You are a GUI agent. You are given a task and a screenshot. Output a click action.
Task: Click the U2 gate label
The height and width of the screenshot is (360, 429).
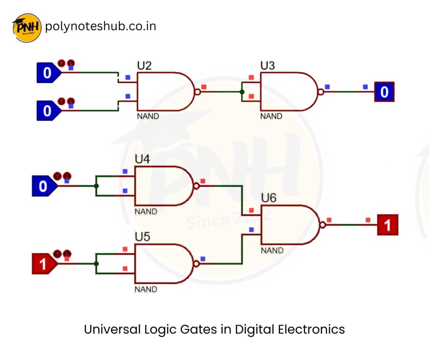pyautogui.click(x=144, y=66)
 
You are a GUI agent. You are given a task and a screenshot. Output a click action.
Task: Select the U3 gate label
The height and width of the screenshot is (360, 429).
pyautogui.click(x=268, y=66)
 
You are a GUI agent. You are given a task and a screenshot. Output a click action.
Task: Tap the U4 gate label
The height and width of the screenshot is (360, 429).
pyautogui.click(x=142, y=159)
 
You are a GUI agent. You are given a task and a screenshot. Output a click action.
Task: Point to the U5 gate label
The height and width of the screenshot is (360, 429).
pyautogui.click(x=142, y=237)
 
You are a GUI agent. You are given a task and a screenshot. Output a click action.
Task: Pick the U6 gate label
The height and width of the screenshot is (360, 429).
pyautogui.click(x=269, y=198)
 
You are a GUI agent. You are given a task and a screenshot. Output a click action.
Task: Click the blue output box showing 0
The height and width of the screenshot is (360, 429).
pyautogui.click(x=384, y=92)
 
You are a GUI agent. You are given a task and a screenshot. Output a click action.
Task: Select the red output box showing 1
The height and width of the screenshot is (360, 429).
pyautogui.click(x=387, y=225)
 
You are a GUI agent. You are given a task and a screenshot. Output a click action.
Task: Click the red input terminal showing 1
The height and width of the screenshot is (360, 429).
pyautogui.click(x=44, y=264)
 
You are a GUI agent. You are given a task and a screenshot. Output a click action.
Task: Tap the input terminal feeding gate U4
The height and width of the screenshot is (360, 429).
pyautogui.click(x=44, y=186)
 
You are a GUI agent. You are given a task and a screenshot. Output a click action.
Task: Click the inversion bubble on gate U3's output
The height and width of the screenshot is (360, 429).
pyautogui.click(x=320, y=92)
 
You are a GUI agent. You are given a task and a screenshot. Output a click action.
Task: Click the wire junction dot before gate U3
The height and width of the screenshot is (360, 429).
pyautogui.click(x=242, y=92)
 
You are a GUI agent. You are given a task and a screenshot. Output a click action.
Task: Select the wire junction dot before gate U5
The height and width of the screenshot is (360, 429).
pyautogui.click(x=96, y=264)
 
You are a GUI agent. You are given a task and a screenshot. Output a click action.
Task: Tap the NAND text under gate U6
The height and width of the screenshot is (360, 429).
pyautogui.click(x=272, y=251)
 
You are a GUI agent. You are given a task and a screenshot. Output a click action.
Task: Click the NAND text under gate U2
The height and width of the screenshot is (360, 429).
pyautogui.click(x=148, y=117)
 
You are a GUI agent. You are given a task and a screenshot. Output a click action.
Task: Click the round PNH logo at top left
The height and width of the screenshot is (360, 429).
pyautogui.click(x=27, y=28)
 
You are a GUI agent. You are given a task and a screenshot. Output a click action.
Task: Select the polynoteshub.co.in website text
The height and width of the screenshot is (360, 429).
pyautogui.click(x=101, y=26)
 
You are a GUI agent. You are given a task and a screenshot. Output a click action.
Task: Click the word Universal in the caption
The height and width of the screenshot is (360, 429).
pyautogui.click(x=111, y=329)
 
